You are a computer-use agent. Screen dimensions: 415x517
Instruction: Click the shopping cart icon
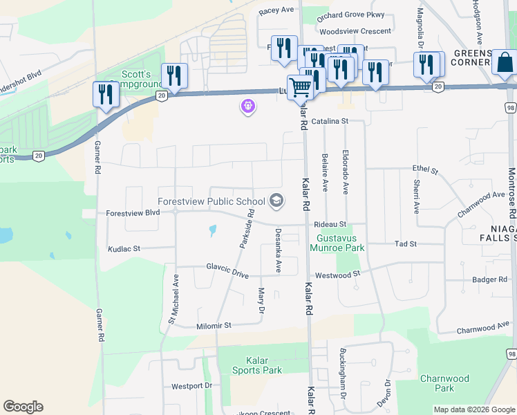point(300,87)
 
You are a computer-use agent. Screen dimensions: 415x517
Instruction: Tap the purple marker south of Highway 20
point(247,107)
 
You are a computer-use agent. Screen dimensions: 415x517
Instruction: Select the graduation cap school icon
point(276,201)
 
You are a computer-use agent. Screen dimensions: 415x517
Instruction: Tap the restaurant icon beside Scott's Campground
point(173,75)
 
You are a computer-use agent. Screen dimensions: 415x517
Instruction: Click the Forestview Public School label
point(211,201)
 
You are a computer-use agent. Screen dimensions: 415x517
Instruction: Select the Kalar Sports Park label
point(254,365)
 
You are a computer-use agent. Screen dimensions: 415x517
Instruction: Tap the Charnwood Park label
point(444,383)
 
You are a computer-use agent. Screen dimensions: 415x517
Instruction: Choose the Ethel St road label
point(425,169)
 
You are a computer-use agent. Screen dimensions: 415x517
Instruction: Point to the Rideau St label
point(330,224)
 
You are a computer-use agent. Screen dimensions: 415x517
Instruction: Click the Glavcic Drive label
point(227,270)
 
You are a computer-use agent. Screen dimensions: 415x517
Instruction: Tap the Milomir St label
point(214,325)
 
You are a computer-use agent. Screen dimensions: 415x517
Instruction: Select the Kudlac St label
point(124,248)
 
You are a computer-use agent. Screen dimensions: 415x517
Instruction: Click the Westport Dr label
point(190,386)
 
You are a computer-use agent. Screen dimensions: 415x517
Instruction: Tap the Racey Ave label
point(276,11)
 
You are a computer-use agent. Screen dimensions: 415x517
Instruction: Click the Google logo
point(23,406)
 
